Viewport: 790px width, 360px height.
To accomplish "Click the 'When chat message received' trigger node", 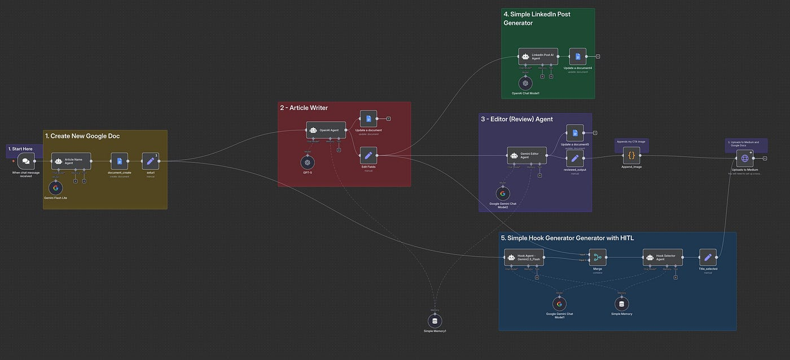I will click(26, 161).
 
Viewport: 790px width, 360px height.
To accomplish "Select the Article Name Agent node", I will click(71, 161).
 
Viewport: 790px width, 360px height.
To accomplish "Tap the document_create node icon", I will click(119, 161).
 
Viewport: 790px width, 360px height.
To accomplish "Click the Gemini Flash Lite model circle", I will click(55, 187).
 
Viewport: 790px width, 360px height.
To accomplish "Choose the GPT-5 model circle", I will click(308, 162).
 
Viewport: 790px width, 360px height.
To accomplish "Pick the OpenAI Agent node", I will click(326, 130).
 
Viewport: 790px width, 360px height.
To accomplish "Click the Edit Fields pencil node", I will click(368, 155).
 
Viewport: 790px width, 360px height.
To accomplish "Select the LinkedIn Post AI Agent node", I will click(538, 56).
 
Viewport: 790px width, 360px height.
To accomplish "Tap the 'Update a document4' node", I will click(578, 56).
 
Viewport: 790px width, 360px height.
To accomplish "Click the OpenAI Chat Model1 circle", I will click(525, 82).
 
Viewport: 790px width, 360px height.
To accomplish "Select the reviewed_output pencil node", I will click(575, 159).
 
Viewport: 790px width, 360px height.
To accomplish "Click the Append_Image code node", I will click(631, 155).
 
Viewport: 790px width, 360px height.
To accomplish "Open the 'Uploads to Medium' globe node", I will click(745, 159).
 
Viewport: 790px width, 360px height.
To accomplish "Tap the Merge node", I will click(598, 257).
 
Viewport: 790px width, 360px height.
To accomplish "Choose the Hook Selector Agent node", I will click(662, 257).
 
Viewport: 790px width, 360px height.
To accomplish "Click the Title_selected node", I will click(708, 257).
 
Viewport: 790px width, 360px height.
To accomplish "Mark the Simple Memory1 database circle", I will click(434, 321).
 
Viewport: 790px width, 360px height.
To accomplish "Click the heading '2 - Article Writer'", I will click(304, 108).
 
